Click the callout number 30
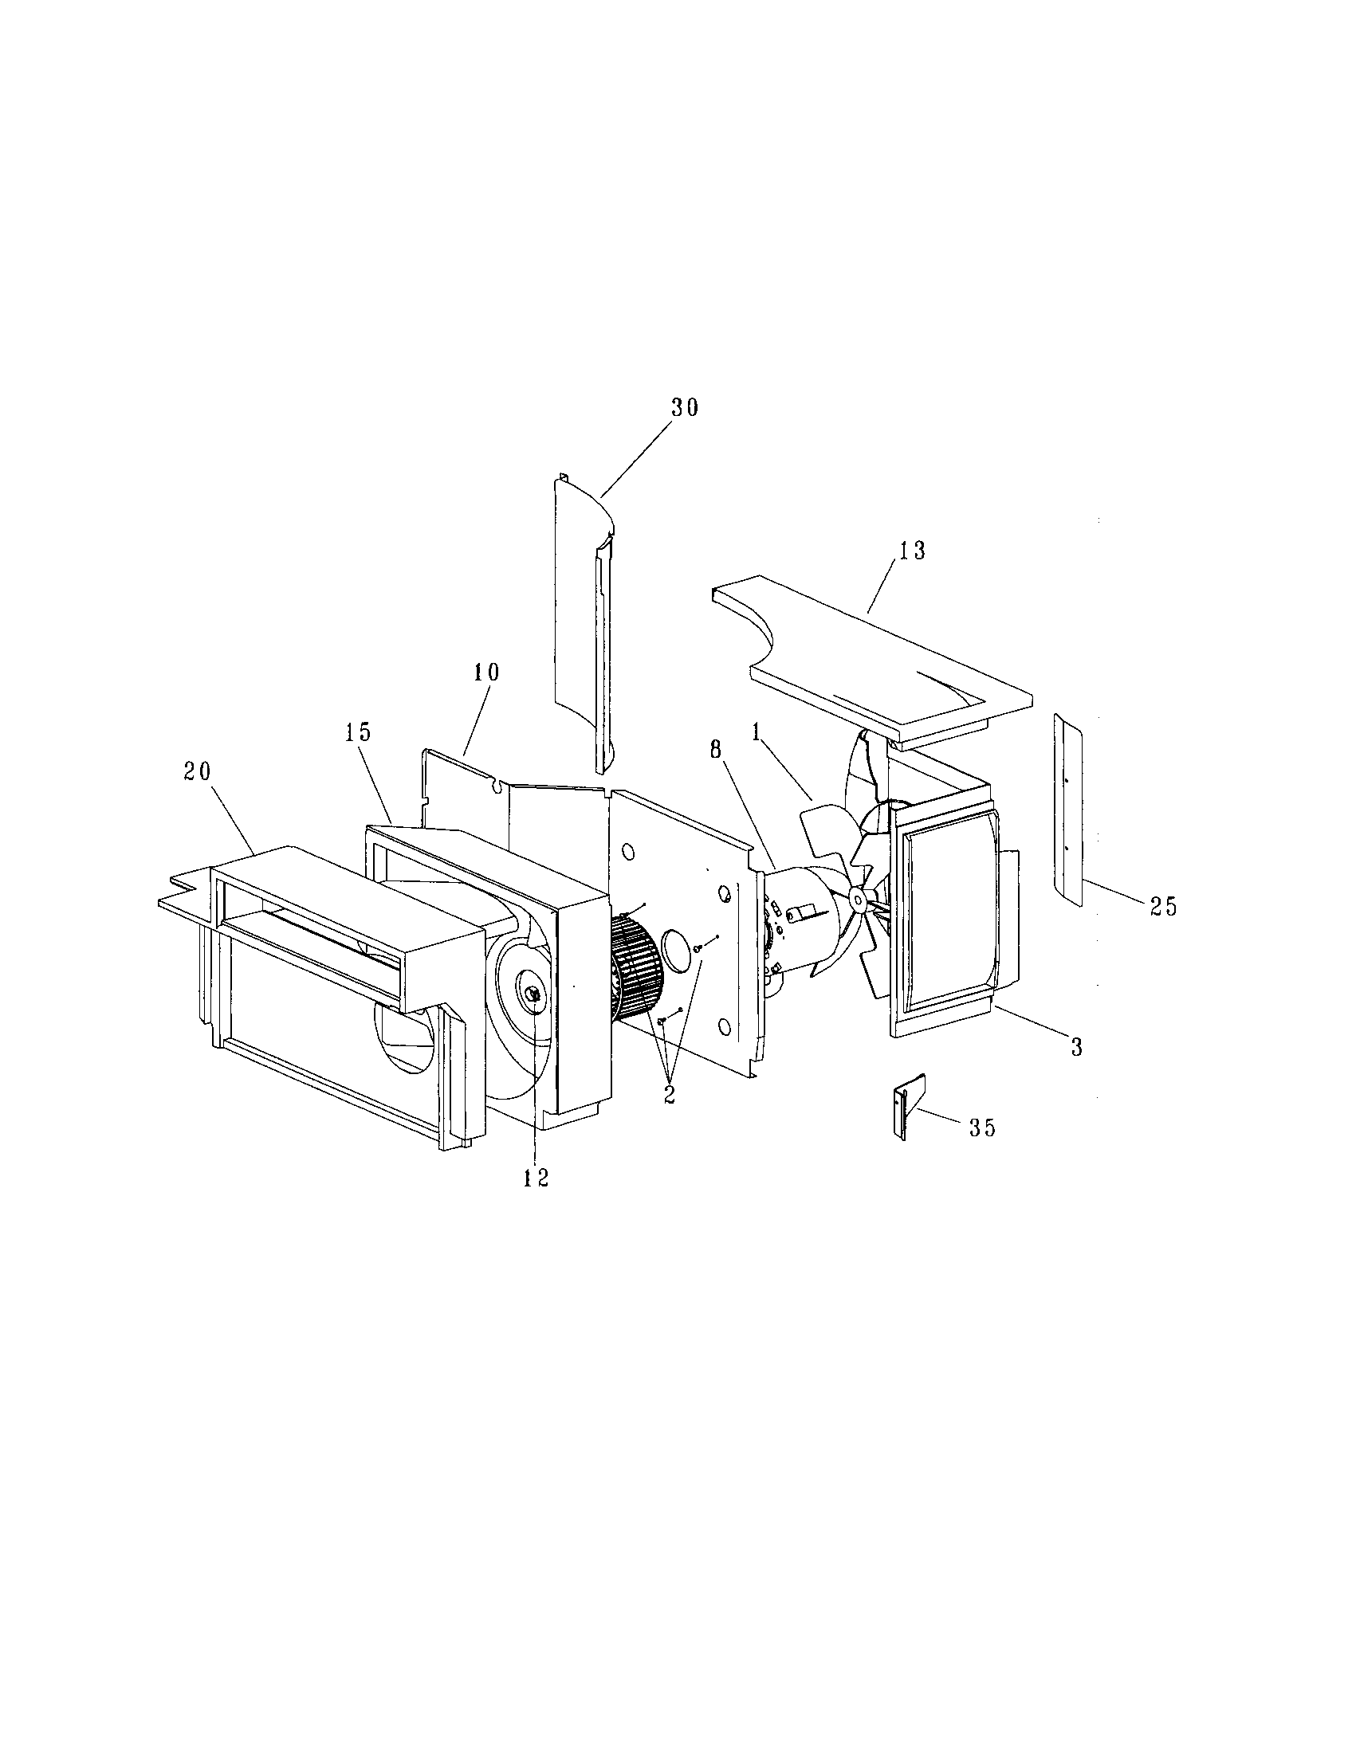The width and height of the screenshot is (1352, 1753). point(685,408)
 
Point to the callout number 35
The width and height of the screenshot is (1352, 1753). point(981,1127)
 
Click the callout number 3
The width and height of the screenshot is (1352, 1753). point(1077,1047)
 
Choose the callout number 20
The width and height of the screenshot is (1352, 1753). point(197,771)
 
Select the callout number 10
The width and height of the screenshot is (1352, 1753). point(485,673)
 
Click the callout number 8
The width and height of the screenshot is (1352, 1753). point(716,748)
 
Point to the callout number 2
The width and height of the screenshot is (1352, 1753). point(670,1096)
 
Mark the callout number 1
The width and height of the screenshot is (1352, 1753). point(756,731)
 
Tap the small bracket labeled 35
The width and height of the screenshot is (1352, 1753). point(910,1108)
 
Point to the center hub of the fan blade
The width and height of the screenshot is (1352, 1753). point(859,899)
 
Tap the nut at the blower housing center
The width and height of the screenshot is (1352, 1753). point(534,994)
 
